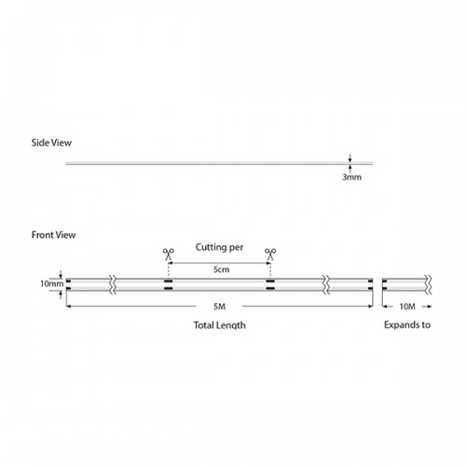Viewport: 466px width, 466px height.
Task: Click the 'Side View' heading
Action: click(51, 143)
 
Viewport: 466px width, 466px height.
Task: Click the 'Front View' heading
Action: click(53, 235)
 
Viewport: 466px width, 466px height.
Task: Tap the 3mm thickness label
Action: click(351, 177)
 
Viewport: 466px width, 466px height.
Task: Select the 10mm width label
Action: click(51, 284)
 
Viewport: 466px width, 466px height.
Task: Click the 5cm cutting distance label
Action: click(221, 269)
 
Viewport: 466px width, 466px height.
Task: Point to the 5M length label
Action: click(219, 307)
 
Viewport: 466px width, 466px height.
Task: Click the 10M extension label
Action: click(407, 307)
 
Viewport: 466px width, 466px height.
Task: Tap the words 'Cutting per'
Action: click(219, 247)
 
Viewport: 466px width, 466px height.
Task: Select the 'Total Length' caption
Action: click(220, 325)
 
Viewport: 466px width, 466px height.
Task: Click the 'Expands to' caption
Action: click(407, 324)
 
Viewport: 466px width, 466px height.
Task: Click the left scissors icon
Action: click(169, 254)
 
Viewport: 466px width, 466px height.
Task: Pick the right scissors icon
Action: click(270, 254)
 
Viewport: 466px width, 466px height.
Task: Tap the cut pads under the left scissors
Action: click(169, 285)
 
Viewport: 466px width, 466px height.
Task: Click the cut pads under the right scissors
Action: click(270, 285)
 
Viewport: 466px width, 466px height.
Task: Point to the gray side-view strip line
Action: click(219, 163)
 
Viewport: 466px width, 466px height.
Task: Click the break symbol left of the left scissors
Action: click(113, 284)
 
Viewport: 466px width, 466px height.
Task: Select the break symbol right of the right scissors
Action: click(326, 284)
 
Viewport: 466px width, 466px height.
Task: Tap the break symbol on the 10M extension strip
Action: click(429, 284)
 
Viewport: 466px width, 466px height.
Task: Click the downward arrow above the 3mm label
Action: click(350, 158)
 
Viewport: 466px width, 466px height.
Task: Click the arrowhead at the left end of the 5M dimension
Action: click(69, 307)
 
